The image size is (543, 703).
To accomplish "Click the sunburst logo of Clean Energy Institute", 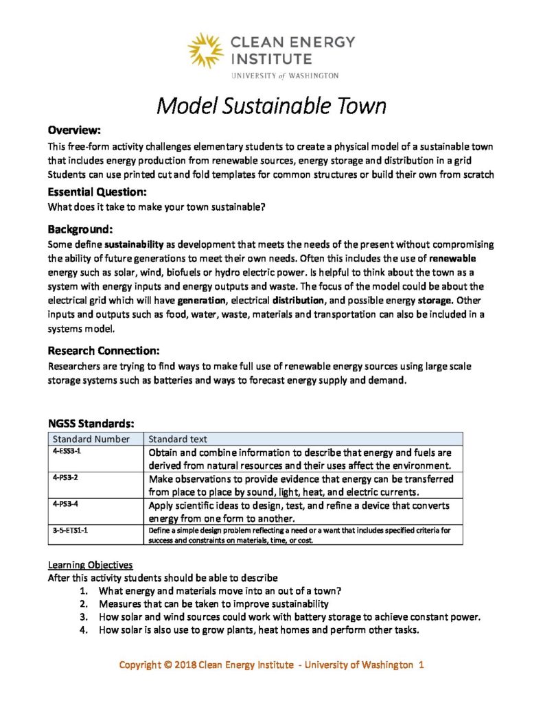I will pyautogui.click(x=205, y=50).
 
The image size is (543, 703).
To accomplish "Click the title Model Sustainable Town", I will pyautogui.click(x=271, y=106).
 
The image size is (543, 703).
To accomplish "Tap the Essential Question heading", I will pyautogui.click(x=97, y=192).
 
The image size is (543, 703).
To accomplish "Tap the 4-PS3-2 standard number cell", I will pyautogui.click(x=65, y=478).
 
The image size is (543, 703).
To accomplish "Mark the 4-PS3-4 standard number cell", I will pyautogui.click(x=65, y=504).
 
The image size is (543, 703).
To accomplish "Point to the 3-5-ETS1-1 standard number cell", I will pyautogui.click(x=69, y=530).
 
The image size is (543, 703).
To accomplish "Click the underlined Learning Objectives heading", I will pyautogui.click(x=90, y=565).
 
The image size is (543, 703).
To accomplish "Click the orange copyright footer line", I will pyautogui.click(x=272, y=665).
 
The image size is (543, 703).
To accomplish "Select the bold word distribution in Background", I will pyautogui.click(x=299, y=300).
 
